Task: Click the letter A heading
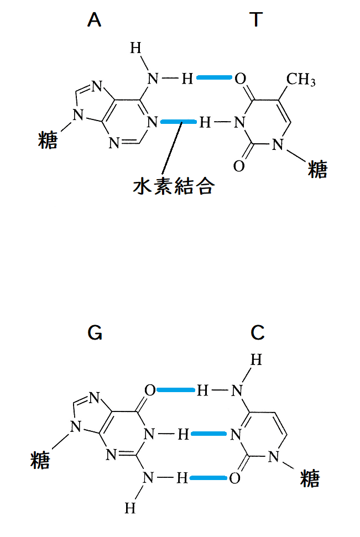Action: coord(94,19)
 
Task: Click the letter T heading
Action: coord(256,19)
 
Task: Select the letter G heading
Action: coord(95,332)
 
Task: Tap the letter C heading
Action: coord(258,332)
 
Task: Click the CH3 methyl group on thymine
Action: coord(301,80)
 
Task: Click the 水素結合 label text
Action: coord(174,186)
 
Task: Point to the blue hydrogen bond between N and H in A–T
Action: coord(179,122)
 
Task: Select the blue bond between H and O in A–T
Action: coord(214,78)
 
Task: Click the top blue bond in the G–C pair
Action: coord(175,390)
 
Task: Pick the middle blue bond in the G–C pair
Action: coord(208,434)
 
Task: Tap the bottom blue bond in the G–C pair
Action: coord(208,478)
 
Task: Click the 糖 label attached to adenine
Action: coord(48,140)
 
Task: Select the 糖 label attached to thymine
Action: coord(317,169)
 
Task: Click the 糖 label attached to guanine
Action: coord(40,460)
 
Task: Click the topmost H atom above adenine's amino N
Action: coord(135,48)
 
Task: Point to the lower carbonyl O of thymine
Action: coord(239,166)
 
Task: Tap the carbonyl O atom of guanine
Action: coord(150,390)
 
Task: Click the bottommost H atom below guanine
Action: coord(130,508)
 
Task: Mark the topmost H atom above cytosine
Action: coord(256,360)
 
